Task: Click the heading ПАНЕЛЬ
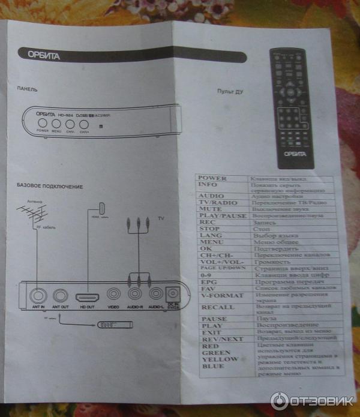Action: [27, 89]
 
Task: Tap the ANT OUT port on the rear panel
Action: [60, 295]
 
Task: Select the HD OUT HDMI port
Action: [86, 295]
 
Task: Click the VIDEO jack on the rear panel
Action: [114, 295]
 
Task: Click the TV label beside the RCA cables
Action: [161, 218]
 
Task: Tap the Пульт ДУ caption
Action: [230, 92]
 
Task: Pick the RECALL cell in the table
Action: [214, 307]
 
